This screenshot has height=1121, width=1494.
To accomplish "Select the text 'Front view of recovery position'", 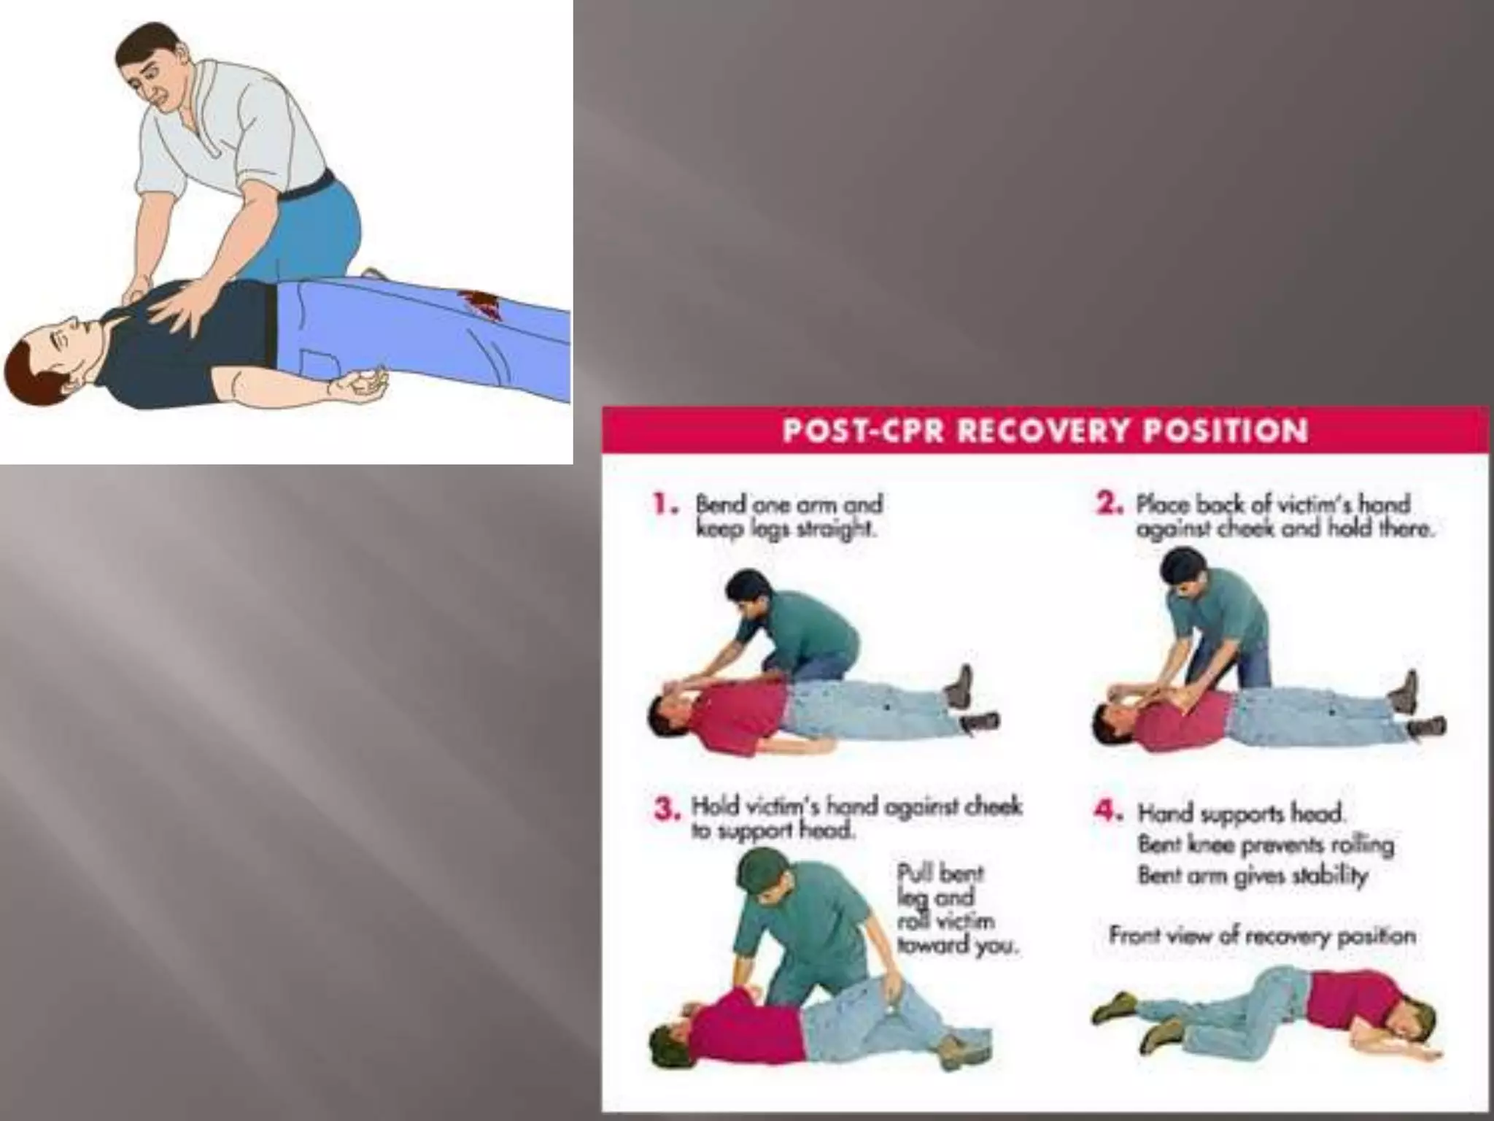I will [1262, 936].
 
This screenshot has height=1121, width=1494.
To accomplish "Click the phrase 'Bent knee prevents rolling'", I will [1265, 845].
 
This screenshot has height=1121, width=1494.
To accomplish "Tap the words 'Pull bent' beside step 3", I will [940, 874].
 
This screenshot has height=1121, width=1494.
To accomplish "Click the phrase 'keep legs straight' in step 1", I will [786, 529].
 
